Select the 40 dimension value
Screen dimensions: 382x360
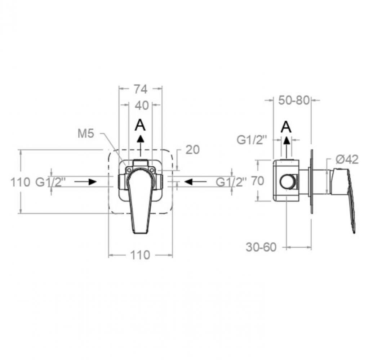coord(142,105)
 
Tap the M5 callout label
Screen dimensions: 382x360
coord(86,134)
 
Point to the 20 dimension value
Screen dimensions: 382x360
coord(192,150)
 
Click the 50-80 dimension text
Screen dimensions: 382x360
coord(294,100)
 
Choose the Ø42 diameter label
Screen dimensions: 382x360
coord(347,159)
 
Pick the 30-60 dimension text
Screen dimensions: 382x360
coord(261,247)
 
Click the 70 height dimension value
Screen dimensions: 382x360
coord(258,181)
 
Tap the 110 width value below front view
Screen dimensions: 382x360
coord(140,255)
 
